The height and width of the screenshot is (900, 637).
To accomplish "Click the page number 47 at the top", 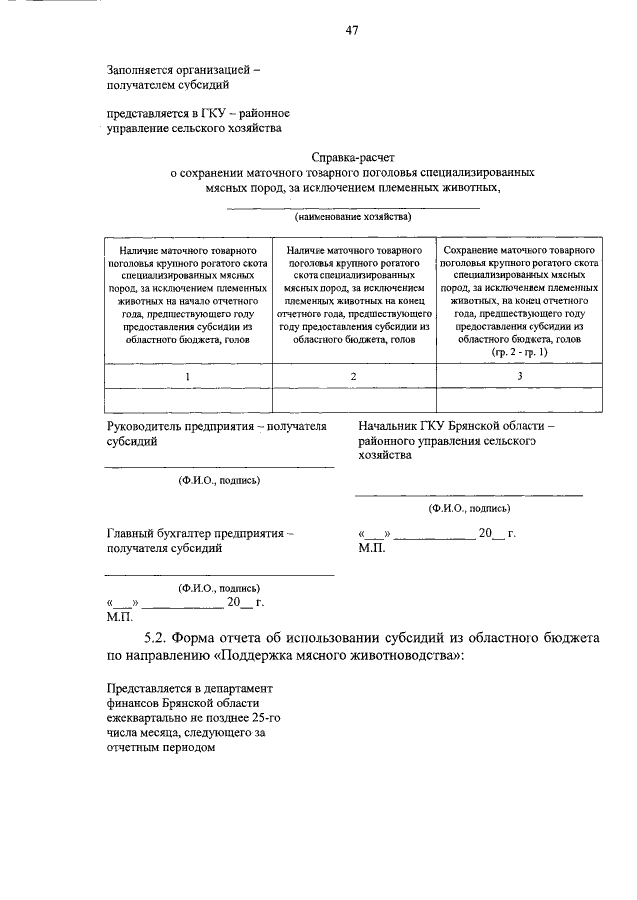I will click(351, 30).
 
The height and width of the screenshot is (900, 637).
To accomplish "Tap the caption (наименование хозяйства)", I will click(352, 216).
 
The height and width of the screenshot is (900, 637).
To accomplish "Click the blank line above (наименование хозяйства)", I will click(352, 206).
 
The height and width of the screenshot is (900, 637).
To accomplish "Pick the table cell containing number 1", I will click(187, 376).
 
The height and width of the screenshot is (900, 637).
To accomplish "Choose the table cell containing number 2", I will click(353, 376).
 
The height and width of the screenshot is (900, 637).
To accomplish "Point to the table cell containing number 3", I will click(519, 376).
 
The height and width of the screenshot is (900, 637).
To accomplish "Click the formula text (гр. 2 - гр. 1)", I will click(519, 353).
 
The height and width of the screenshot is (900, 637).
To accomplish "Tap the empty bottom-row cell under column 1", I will click(187, 400).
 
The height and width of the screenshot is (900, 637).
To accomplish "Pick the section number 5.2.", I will click(157, 637).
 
